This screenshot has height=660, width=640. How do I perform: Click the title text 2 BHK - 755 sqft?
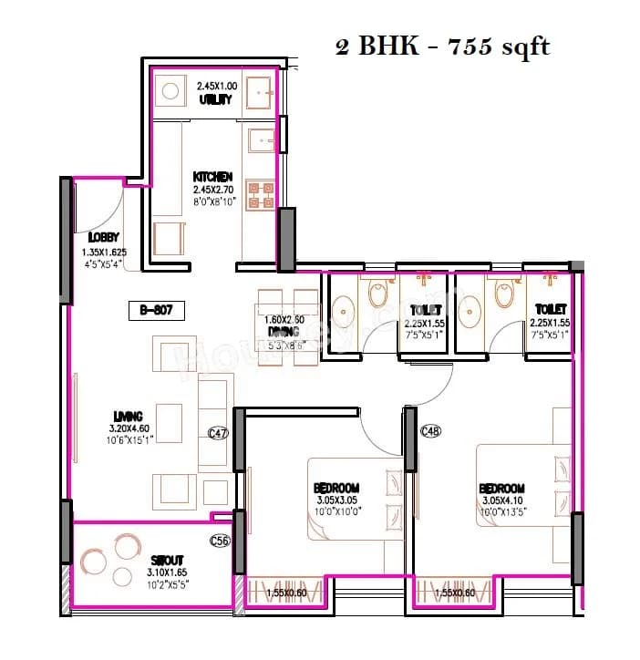pyautogui.click(x=443, y=46)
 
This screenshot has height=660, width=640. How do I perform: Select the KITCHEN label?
pyautogui.click(x=212, y=176)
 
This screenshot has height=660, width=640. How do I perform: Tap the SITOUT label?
pyautogui.click(x=167, y=560)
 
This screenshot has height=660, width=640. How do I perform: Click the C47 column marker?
pyautogui.click(x=217, y=434)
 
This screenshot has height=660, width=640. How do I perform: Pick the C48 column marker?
pyautogui.click(x=431, y=430)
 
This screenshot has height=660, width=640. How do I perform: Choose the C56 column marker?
pyautogui.click(x=219, y=541)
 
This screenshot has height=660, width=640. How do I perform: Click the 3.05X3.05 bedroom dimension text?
pyautogui.click(x=336, y=500)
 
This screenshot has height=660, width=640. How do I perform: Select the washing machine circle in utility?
pyautogui.click(x=168, y=91)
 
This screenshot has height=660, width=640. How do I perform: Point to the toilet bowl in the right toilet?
pyautogui.click(x=502, y=295)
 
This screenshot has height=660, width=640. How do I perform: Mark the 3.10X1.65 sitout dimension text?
pyautogui.click(x=166, y=572)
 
